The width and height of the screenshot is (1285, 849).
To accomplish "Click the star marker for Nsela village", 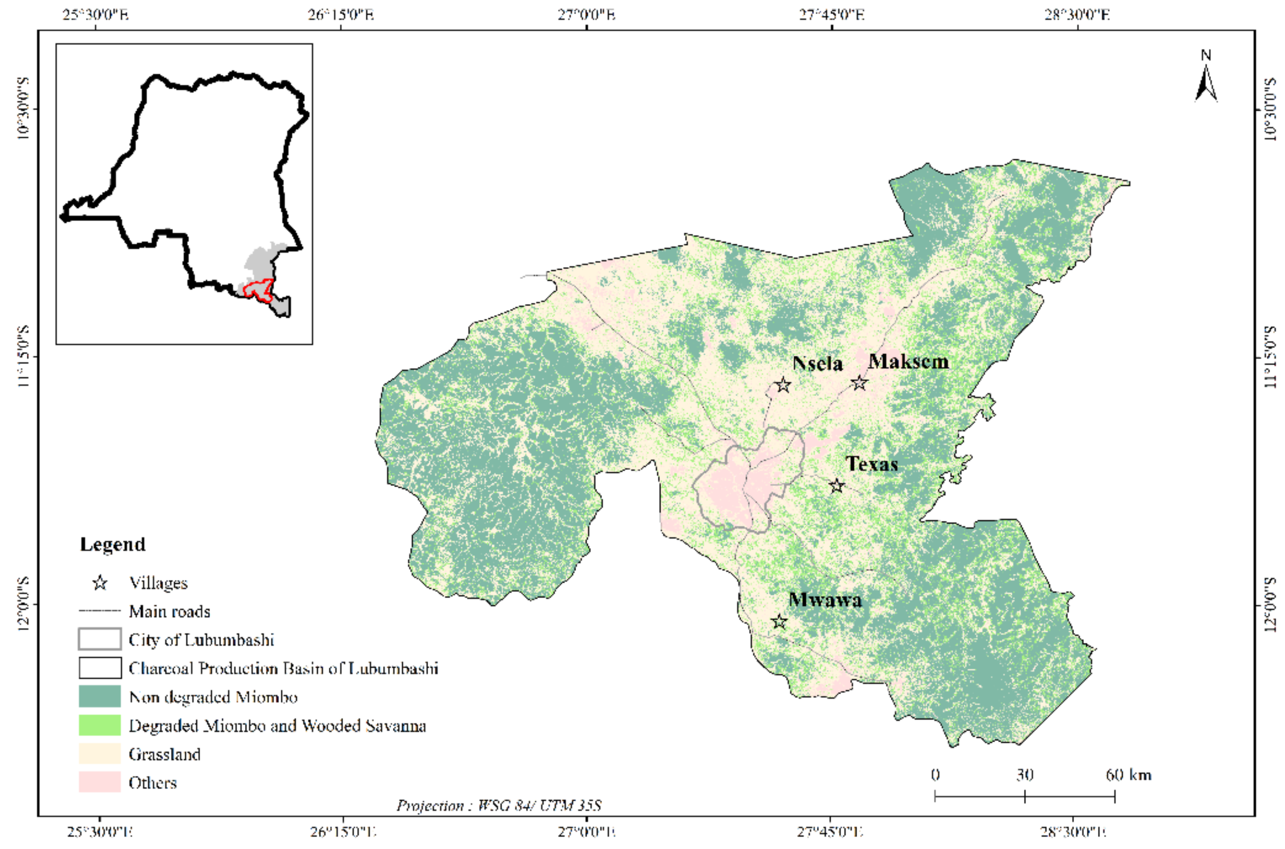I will pyautogui.click(x=782, y=385).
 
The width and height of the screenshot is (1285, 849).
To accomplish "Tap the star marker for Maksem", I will pyautogui.click(x=859, y=383).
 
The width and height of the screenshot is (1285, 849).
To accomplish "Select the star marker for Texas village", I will pyautogui.click(x=837, y=485).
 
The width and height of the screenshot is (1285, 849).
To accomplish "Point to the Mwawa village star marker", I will pyautogui.click(x=779, y=621).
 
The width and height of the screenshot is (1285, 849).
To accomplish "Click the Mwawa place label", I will pyautogui.click(x=825, y=600).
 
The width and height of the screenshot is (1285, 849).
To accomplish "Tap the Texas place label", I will pyautogui.click(x=872, y=464).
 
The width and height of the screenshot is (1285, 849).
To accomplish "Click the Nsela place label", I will pyautogui.click(x=817, y=363).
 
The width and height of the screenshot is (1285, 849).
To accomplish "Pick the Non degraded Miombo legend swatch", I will pyautogui.click(x=100, y=696).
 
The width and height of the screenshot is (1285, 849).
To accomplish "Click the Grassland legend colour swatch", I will pyautogui.click(x=100, y=754).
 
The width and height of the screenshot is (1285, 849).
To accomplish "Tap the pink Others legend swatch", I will pyautogui.click(x=100, y=782).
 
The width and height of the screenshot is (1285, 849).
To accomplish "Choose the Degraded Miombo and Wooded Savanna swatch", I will pyautogui.click(x=100, y=725).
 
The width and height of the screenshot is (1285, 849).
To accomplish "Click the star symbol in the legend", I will pyautogui.click(x=100, y=582).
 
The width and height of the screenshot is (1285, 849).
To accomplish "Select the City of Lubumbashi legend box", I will pyautogui.click(x=100, y=639).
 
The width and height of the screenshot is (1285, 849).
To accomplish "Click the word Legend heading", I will pyautogui.click(x=113, y=544).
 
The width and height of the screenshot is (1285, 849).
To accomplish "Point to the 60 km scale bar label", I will pyautogui.click(x=1128, y=775).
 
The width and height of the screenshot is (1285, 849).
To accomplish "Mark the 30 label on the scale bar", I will pyautogui.click(x=1024, y=775).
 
